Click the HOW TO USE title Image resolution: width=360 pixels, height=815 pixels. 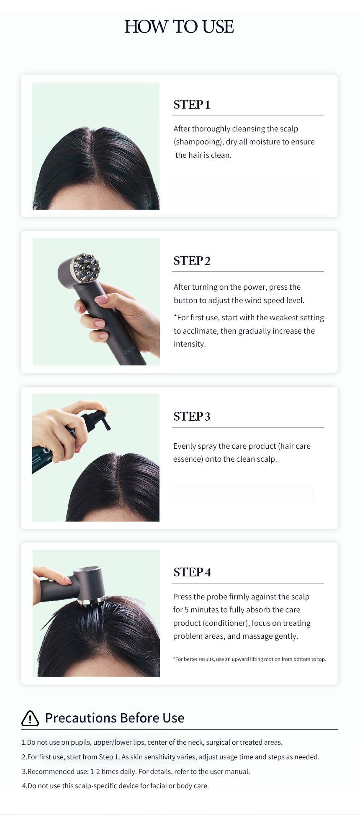coord(179,27)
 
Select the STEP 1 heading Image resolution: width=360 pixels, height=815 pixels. coord(192,104)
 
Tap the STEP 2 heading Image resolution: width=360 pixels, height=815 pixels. coord(192,260)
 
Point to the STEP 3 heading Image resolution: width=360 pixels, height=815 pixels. coord(192,416)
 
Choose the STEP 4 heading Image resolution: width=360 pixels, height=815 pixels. coord(192,572)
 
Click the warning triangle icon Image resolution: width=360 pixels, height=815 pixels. coord(30,718)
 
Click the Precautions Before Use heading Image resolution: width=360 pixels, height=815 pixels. coord(115,718)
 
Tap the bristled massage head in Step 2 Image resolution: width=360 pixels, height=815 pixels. coord(85,267)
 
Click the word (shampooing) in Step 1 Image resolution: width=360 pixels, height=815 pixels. coord(198,142)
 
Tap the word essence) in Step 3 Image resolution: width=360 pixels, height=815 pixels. coord(188,459)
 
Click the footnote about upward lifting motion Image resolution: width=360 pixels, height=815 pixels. coord(249,659)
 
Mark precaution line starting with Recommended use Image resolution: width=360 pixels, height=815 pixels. coord(136,771)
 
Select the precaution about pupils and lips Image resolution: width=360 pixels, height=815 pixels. coord(152,742)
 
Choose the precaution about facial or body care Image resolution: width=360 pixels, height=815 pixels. coord(115,786)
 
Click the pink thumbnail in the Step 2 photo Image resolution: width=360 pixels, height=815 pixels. coord(101,299)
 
